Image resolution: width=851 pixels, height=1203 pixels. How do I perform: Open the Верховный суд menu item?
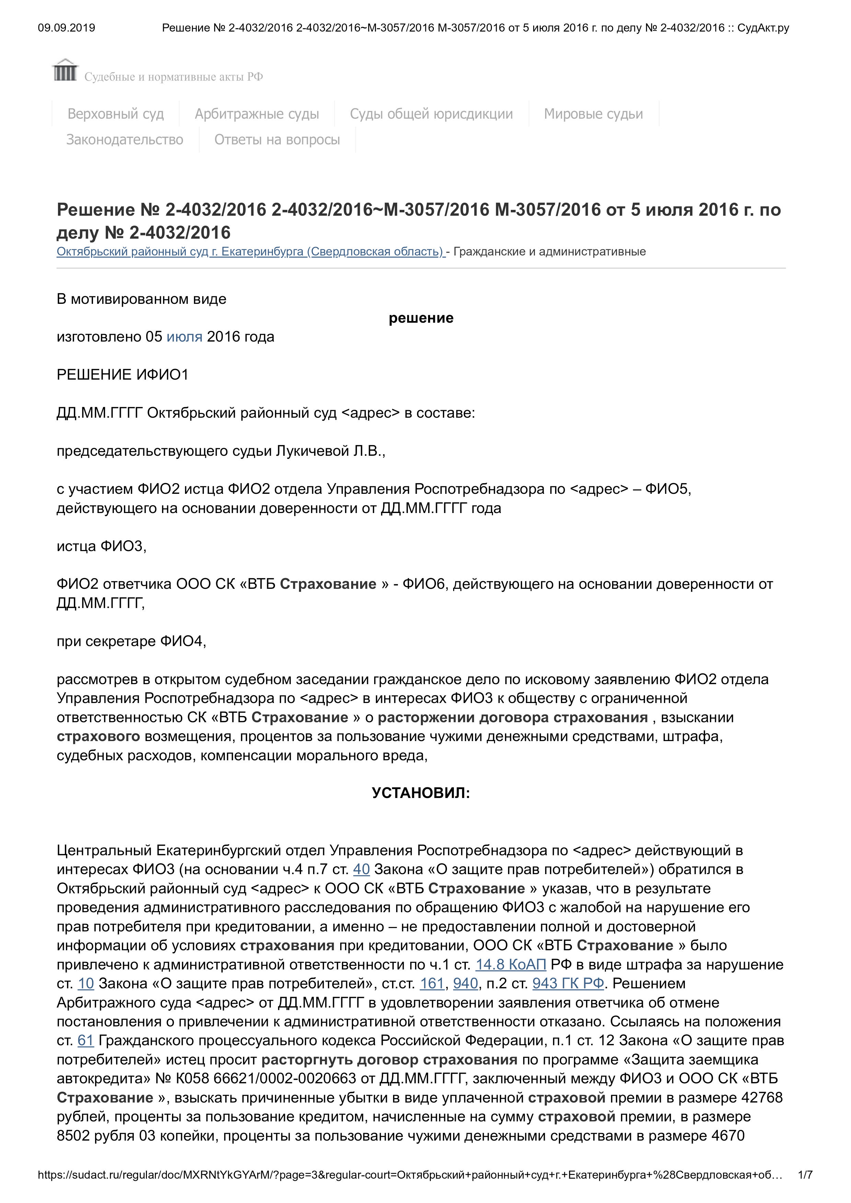[x=116, y=114]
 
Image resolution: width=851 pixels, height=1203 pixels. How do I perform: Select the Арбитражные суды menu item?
[x=257, y=114]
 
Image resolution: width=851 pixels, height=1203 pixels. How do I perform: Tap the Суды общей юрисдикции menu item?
[x=432, y=114]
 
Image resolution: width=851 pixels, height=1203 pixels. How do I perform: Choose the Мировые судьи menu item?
[x=593, y=114]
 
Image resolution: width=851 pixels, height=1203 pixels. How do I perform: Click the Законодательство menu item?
[x=125, y=140]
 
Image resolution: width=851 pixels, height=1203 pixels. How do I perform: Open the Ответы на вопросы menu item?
[x=277, y=140]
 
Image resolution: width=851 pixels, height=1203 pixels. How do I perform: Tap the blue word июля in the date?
[x=185, y=337]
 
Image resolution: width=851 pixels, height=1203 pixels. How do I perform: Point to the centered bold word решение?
[x=421, y=318]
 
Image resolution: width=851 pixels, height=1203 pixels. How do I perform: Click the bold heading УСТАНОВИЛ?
[x=421, y=793]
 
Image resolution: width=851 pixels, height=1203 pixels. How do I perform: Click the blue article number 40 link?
[x=361, y=870]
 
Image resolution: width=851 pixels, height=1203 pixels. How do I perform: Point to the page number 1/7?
[x=805, y=1175]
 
